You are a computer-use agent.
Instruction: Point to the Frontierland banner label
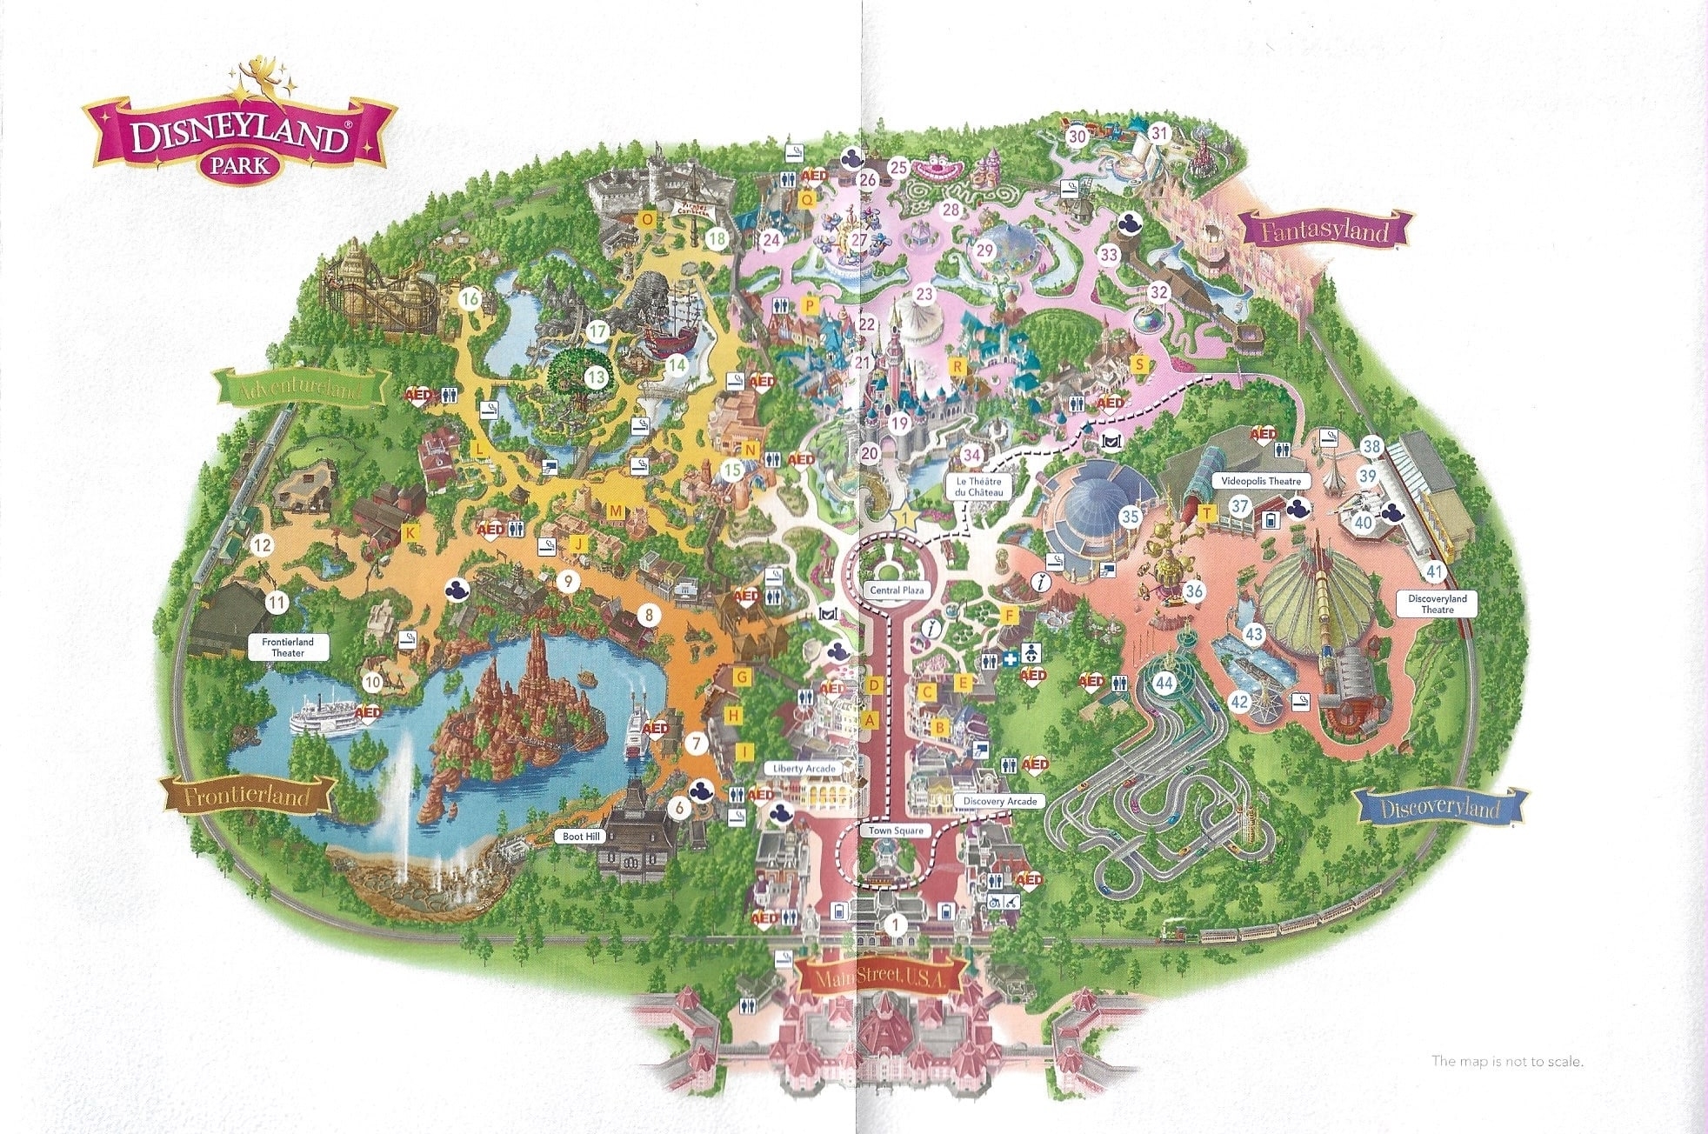249,795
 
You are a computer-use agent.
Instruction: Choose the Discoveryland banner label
1440,809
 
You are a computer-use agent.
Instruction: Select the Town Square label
897,830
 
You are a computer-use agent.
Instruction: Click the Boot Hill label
581,837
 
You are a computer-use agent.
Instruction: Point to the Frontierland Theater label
287,647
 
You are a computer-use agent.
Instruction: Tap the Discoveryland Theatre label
1437,604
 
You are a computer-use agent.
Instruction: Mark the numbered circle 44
1164,684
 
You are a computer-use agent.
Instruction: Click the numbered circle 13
596,377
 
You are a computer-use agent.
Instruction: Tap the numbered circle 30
1078,136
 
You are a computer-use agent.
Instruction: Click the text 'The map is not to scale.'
1507,1061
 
